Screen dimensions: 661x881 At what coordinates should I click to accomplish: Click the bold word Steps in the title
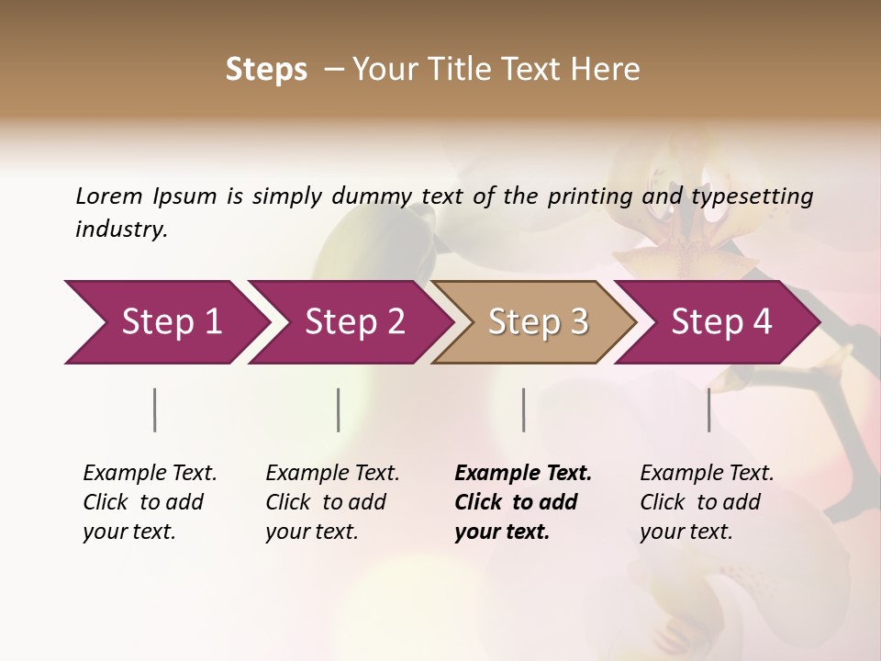(266, 70)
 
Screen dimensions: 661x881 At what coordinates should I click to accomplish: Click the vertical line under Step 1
(155, 409)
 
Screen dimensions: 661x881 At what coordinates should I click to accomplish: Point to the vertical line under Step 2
(339, 409)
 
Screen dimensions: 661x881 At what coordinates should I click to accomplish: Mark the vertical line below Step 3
(524, 409)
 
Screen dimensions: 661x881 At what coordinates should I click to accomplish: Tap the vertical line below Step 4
(709, 409)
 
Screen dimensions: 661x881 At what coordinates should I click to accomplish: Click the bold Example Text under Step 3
(523, 502)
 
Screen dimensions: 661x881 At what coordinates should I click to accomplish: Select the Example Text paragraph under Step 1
(150, 502)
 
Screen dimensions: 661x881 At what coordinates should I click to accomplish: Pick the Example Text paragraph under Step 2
(332, 502)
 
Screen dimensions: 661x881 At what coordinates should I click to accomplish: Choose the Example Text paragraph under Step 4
(707, 502)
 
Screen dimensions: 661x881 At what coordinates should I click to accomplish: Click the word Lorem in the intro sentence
(108, 196)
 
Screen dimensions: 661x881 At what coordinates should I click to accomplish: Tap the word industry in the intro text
(120, 230)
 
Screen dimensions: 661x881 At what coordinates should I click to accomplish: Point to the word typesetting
(752, 196)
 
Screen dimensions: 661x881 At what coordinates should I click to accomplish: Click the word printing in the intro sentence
(586, 196)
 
